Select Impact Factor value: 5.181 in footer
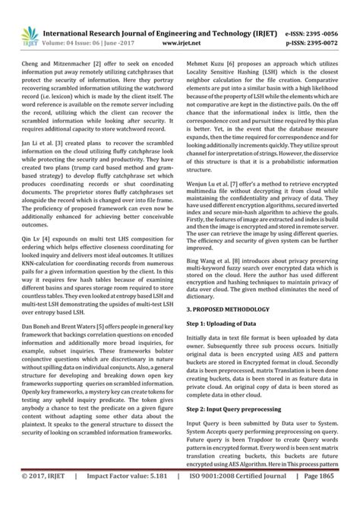click(x=124, y=498)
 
